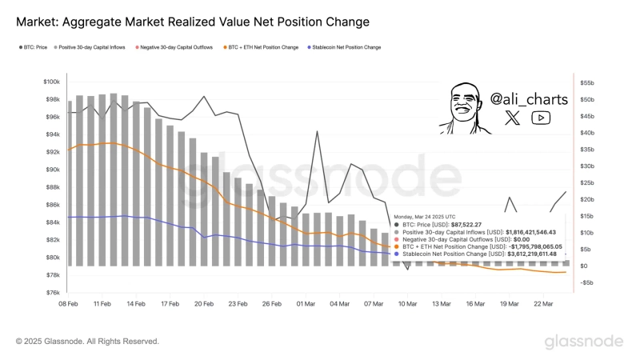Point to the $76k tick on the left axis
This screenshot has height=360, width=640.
pyautogui.click(x=51, y=293)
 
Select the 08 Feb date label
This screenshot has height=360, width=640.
pyautogui.click(x=68, y=304)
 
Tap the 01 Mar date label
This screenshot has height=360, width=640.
pyautogui.click(x=306, y=304)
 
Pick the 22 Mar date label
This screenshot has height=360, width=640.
pyautogui.click(x=544, y=304)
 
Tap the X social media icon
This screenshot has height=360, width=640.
pyautogui.click(x=513, y=118)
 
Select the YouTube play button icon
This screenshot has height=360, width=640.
pyautogui.click(x=541, y=118)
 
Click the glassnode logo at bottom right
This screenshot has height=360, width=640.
pyautogui.click(x=584, y=342)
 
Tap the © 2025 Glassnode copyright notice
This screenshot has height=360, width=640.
pyautogui.click(x=87, y=342)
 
